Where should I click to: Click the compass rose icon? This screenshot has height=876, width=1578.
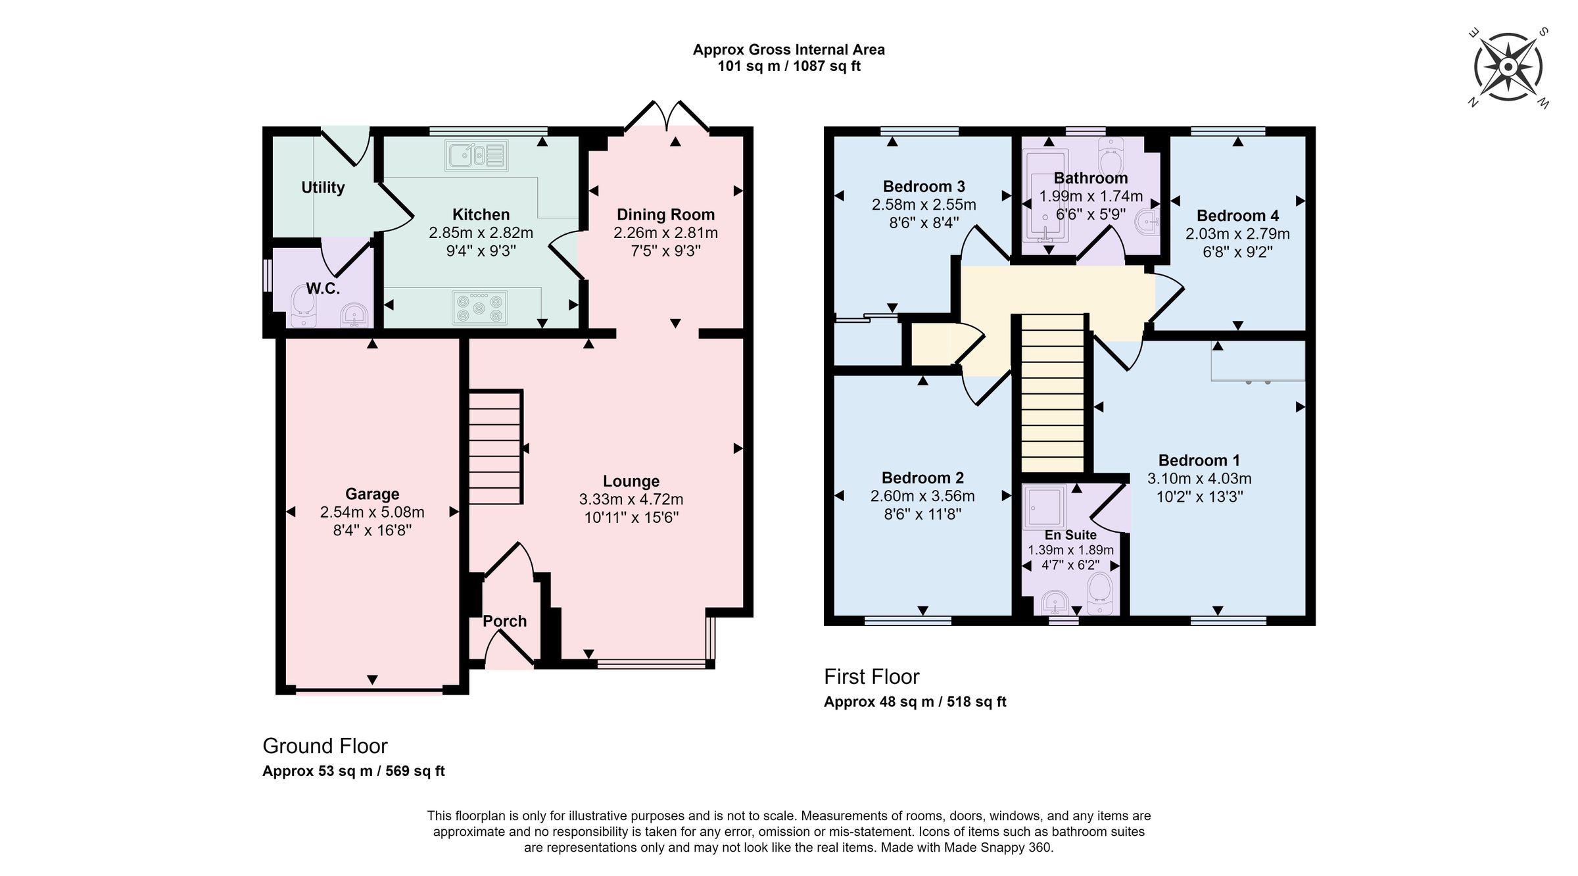[x=1508, y=67]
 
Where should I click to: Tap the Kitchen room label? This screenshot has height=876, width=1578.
[x=481, y=214]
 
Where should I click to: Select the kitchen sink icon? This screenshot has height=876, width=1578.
[x=477, y=156]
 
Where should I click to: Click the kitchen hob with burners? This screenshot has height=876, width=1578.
[x=480, y=308]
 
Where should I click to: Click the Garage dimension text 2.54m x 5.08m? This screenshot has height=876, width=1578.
[x=372, y=512]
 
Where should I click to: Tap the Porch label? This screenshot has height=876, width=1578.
[x=504, y=621]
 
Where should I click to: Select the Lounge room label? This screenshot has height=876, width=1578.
[x=631, y=481]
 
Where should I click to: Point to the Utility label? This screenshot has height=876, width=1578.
[x=323, y=187]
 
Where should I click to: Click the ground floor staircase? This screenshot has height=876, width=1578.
[x=495, y=447]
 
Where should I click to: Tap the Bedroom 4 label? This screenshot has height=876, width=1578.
[x=1237, y=216]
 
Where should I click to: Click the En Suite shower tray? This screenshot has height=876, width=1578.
[x=1044, y=508]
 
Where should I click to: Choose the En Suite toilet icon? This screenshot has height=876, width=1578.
[x=1099, y=593]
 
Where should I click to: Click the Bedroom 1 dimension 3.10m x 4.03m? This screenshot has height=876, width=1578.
[x=1199, y=479]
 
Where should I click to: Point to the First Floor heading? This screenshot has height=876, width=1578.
[x=872, y=677]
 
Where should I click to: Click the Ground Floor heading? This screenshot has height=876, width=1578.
[x=325, y=746]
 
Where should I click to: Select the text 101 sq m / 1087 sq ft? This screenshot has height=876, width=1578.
[x=788, y=66]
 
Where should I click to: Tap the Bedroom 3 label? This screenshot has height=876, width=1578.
[x=924, y=187]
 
